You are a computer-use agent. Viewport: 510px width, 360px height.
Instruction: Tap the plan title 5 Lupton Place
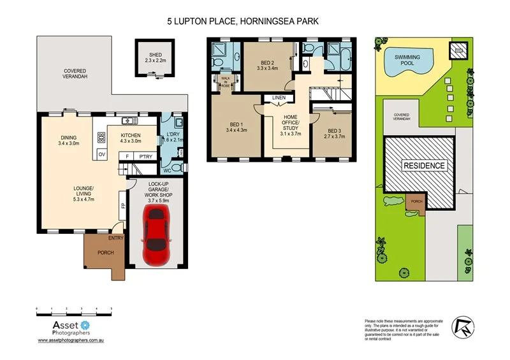pos(242,21)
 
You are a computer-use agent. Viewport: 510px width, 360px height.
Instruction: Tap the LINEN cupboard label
pos(279,97)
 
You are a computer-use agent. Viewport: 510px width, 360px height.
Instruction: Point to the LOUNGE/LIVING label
pos(83,192)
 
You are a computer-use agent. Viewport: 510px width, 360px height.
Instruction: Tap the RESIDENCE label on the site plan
pos(424,166)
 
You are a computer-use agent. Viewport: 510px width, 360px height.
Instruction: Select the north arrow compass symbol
pos(462,326)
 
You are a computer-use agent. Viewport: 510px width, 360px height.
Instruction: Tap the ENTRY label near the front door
pos(115,238)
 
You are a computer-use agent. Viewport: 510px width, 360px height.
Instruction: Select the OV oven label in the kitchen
pos(101,155)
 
